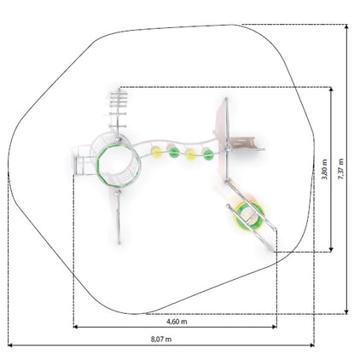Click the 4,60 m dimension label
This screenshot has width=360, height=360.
[177, 322]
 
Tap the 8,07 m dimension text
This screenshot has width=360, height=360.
[161, 339]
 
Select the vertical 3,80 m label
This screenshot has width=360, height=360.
[324, 169]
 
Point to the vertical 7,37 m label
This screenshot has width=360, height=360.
[340, 169]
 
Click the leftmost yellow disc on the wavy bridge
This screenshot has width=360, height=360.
[156, 153]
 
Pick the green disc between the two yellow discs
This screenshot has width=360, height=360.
[174, 153]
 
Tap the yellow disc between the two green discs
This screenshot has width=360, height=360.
[191, 154]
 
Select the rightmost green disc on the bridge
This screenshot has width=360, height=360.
[208, 154]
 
